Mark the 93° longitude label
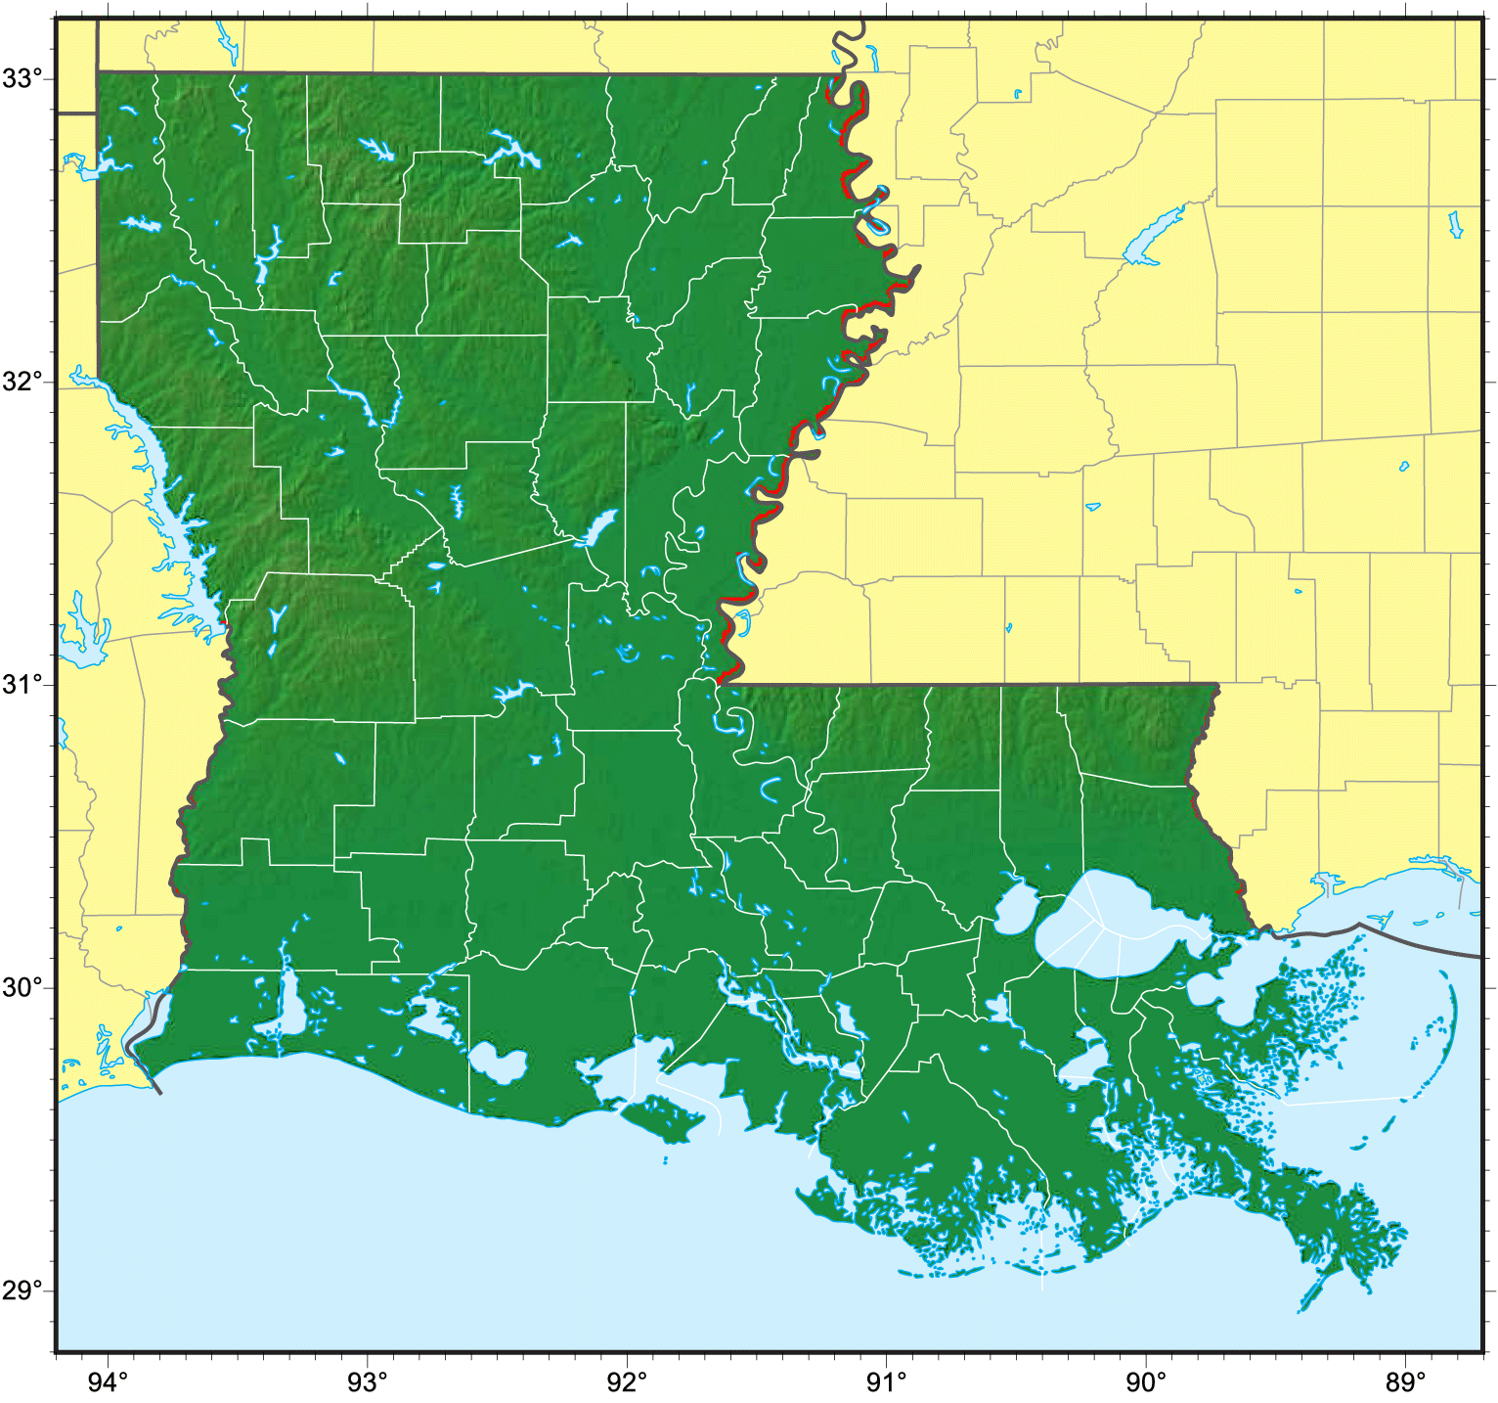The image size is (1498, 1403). point(368,1381)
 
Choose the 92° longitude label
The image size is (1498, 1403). point(627,1381)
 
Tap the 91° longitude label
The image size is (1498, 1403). point(886,1381)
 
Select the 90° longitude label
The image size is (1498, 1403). point(1145,1381)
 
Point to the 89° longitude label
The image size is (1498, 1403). point(1405,1381)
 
